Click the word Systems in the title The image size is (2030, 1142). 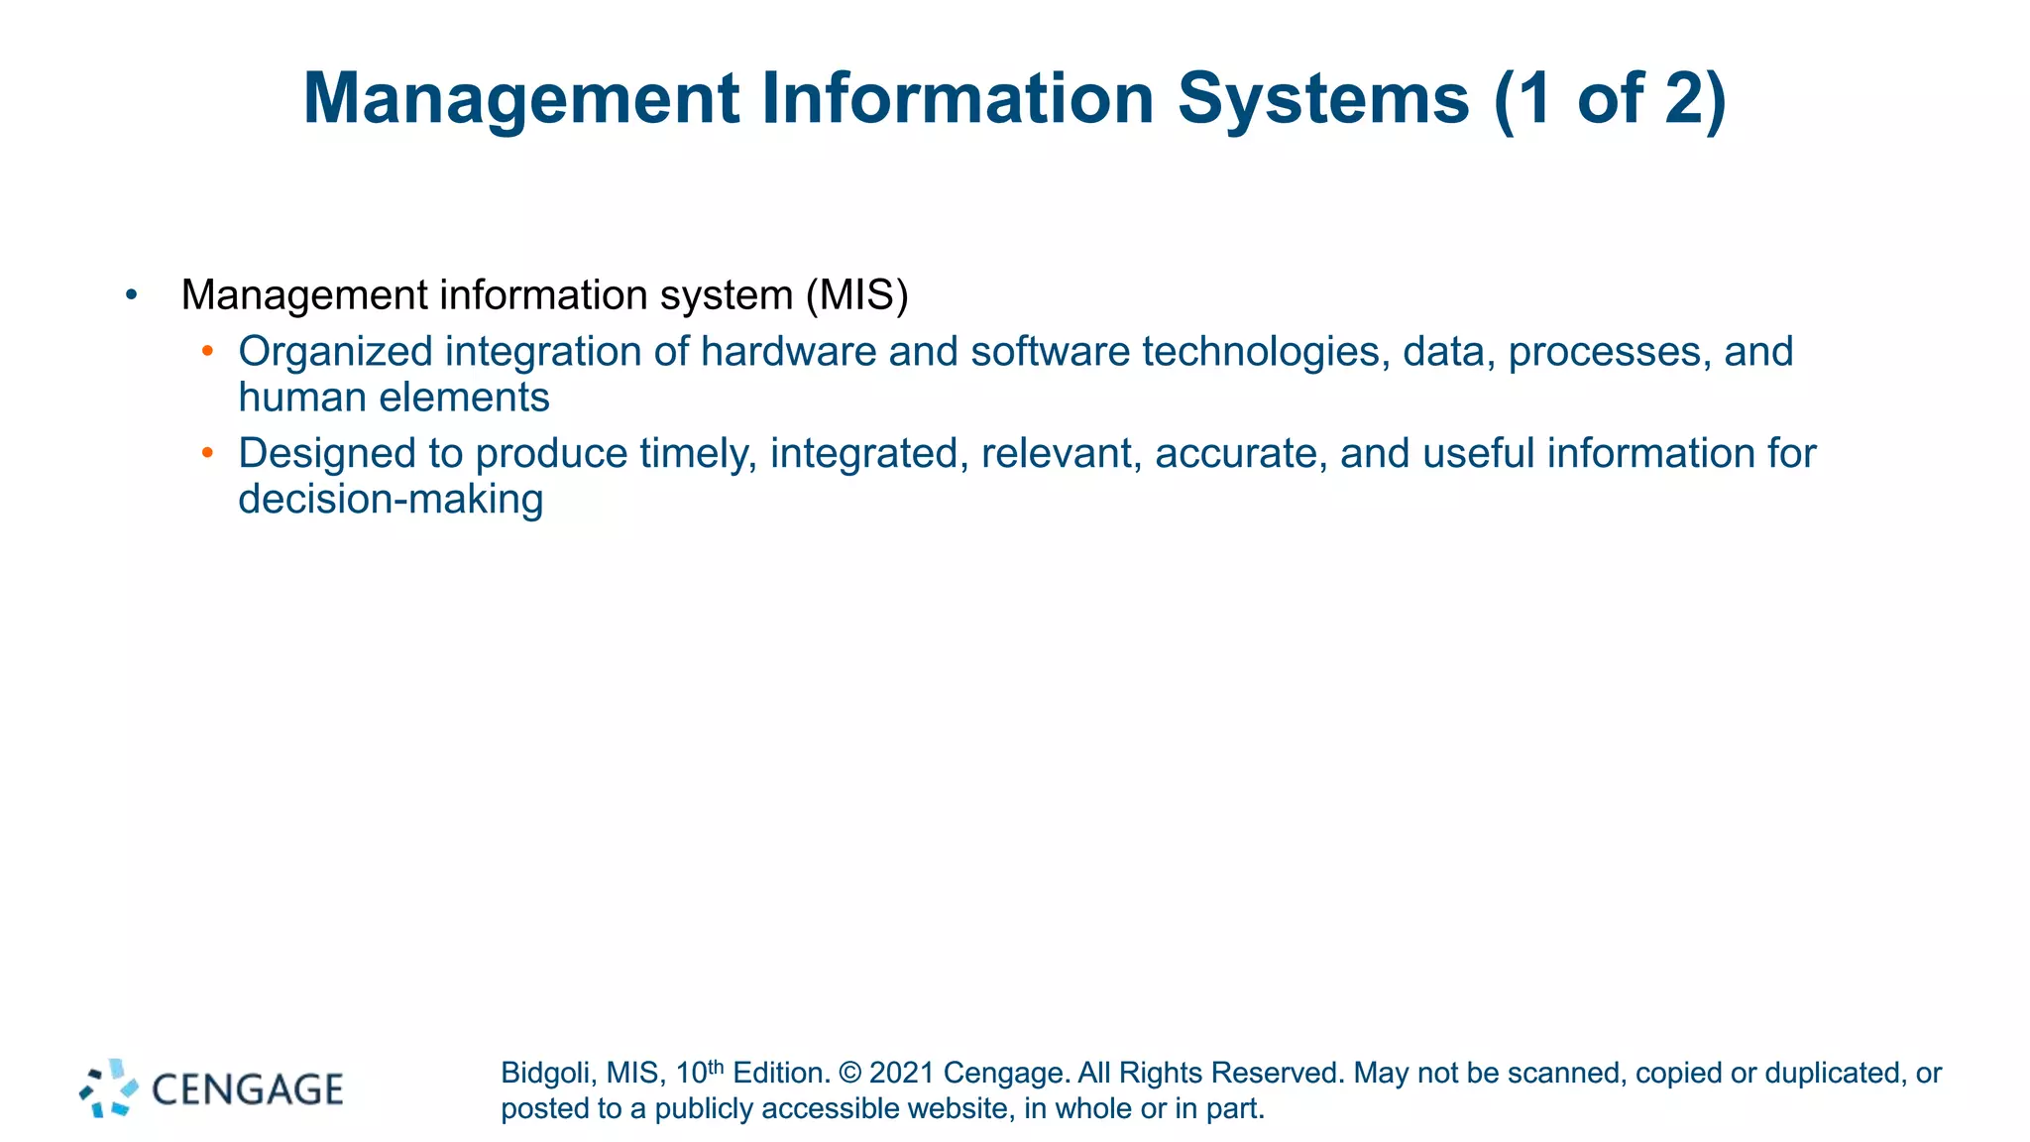(1323, 99)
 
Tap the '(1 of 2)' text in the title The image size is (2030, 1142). (1611, 99)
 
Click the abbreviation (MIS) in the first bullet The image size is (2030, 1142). (856, 295)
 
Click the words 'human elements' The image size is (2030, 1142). (394, 398)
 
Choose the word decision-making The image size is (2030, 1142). (391, 500)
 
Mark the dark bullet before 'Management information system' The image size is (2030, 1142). (132, 294)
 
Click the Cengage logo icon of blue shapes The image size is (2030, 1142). (109, 1088)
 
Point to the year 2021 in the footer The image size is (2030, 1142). (901, 1074)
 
